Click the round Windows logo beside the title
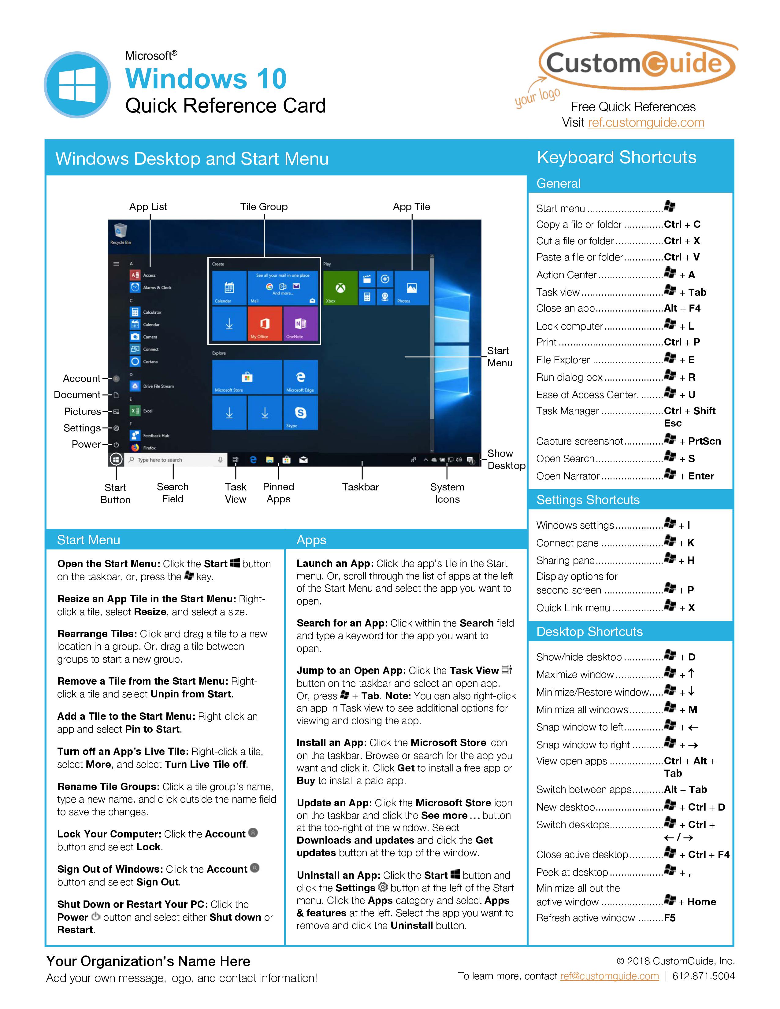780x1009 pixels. point(77,85)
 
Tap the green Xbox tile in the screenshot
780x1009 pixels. point(340,288)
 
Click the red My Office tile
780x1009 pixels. point(265,323)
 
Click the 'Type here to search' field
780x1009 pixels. point(171,460)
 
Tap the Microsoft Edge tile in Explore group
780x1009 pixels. point(300,377)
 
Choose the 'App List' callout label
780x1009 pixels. point(148,206)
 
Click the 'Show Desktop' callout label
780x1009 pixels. point(506,459)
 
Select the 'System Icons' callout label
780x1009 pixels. point(447,493)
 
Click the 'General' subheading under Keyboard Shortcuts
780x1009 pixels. point(558,183)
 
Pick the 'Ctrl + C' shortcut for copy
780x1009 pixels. point(682,224)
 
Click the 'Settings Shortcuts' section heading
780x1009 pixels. point(588,500)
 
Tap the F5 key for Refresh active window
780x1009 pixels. point(670,918)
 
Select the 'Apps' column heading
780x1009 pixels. point(311,540)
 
